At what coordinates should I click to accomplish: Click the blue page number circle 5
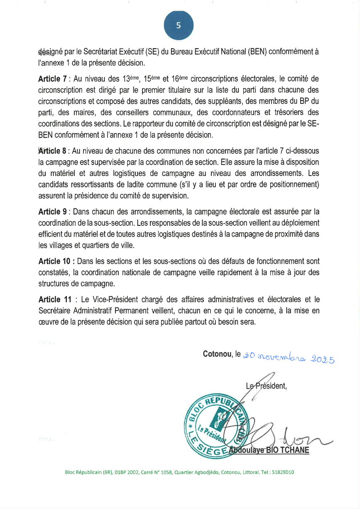179,25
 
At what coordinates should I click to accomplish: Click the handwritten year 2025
323,358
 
